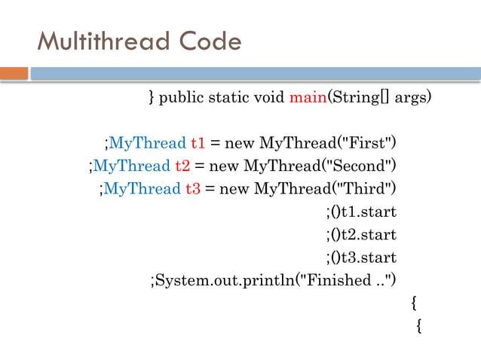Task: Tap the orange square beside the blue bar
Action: coord(14,74)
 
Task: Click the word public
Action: coord(185,97)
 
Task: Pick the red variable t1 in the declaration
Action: coord(198,143)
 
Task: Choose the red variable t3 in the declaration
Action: coord(193,188)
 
